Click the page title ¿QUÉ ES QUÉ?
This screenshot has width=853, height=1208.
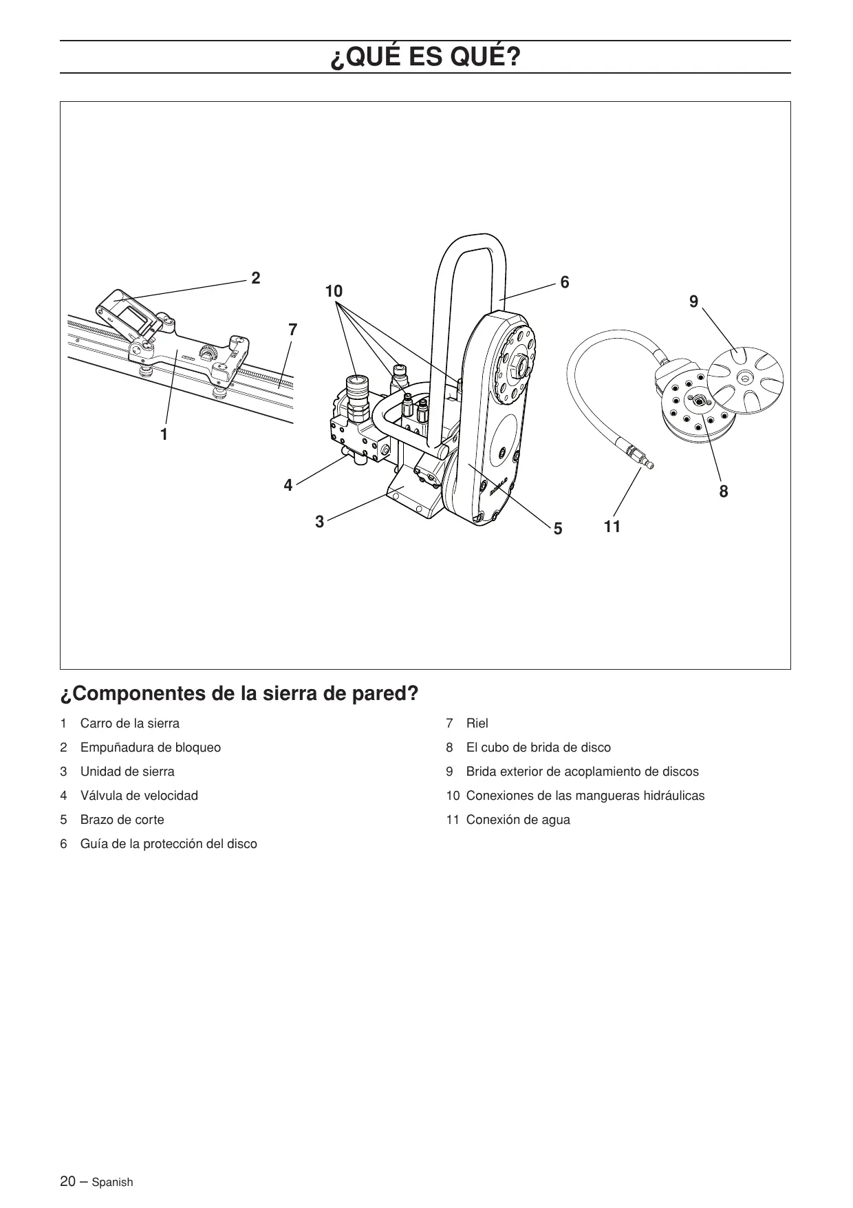pyautogui.click(x=425, y=58)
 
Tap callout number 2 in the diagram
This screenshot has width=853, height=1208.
pyautogui.click(x=256, y=278)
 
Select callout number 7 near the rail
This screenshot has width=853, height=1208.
pyautogui.click(x=293, y=330)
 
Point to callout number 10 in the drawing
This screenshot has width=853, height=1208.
pyautogui.click(x=334, y=292)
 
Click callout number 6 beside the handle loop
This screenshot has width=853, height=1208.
pyautogui.click(x=565, y=282)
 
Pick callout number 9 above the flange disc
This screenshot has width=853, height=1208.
pyautogui.click(x=693, y=301)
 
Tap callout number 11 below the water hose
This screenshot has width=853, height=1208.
pyautogui.click(x=612, y=527)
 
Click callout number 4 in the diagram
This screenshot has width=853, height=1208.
pyautogui.click(x=288, y=485)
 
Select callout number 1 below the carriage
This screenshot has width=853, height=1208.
pyautogui.click(x=164, y=434)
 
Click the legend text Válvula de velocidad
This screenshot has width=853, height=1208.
pyautogui.click(x=139, y=796)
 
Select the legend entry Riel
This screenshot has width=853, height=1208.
pyautogui.click(x=477, y=723)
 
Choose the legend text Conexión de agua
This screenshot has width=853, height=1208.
pyautogui.click(x=518, y=820)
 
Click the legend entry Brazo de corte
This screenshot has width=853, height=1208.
pyautogui.click(x=122, y=820)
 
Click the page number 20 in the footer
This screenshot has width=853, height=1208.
pyautogui.click(x=68, y=1181)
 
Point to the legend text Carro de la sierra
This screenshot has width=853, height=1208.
pyautogui.click(x=129, y=723)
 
